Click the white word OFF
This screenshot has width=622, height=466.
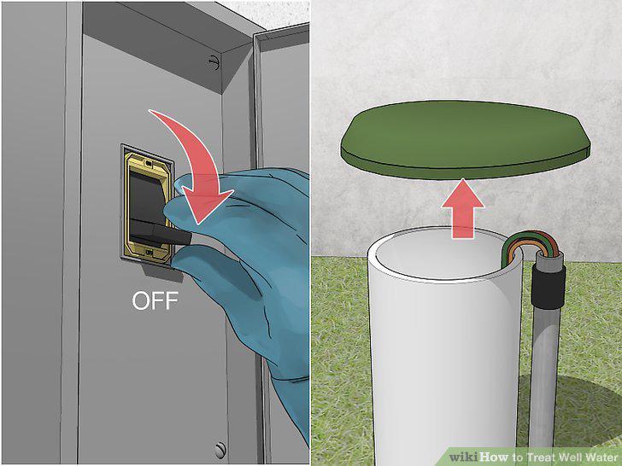(155, 300)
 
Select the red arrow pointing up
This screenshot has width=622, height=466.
(463, 209)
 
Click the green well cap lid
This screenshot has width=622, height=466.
(465, 139)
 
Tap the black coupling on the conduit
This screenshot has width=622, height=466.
(548, 285)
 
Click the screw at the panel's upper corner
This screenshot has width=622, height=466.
(214, 62)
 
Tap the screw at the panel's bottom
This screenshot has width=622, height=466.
(220, 450)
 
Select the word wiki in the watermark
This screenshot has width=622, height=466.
(463, 457)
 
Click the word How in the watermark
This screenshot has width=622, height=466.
(493, 457)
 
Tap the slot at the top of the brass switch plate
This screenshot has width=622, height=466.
(149, 163)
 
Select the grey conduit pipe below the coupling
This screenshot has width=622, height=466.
(543, 376)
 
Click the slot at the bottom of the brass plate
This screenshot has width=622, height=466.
(150, 252)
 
